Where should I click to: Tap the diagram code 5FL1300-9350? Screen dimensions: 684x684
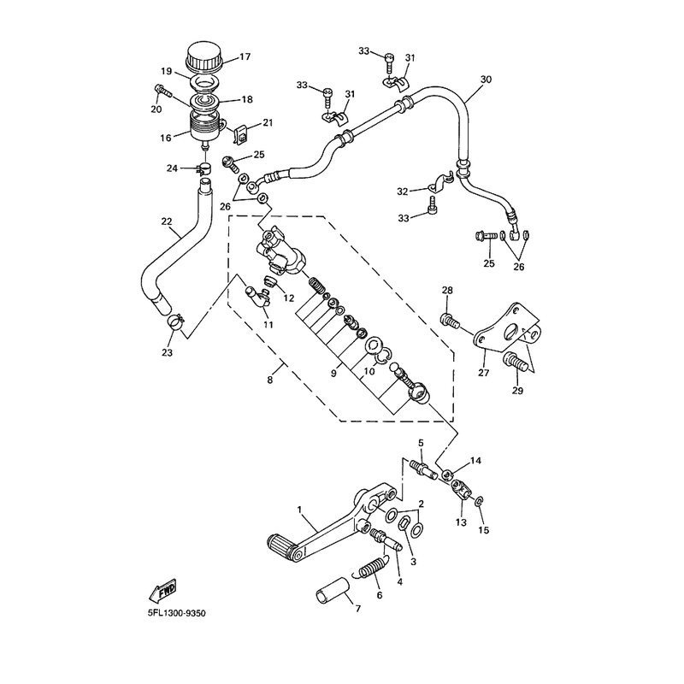[x=176, y=613]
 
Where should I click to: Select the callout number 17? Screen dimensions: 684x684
[x=245, y=57]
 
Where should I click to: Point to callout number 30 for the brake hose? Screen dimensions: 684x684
[x=486, y=80]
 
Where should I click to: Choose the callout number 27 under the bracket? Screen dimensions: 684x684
[x=483, y=372]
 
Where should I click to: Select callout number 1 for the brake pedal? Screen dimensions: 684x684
[x=300, y=510]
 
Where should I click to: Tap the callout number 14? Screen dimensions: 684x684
[x=475, y=461]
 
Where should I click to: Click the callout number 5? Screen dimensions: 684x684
[x=421, y=443]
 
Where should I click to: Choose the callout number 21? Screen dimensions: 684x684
[x=267, y=123]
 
